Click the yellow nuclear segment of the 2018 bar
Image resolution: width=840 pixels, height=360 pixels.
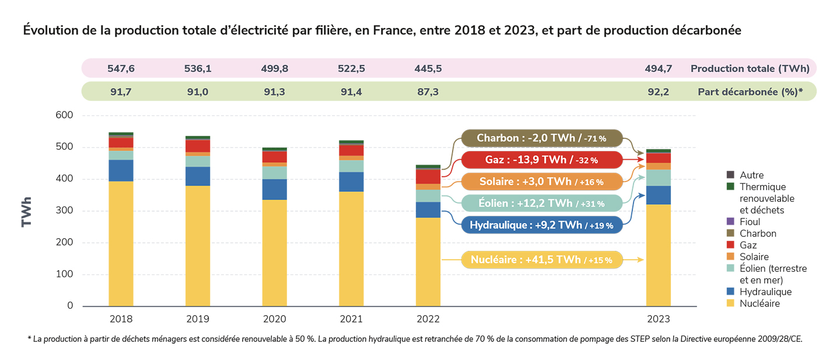121,244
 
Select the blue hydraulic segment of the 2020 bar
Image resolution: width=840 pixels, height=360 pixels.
274,190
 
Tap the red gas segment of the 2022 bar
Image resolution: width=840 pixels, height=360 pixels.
428,177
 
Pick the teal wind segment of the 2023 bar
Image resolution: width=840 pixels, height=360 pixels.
658,178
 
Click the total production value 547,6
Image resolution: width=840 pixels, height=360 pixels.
121,68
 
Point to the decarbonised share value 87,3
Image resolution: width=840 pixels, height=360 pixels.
428,92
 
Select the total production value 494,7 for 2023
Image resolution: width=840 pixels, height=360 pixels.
658,68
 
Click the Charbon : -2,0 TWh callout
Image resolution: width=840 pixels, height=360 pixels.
541,139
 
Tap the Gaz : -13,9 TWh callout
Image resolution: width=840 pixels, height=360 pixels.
541,160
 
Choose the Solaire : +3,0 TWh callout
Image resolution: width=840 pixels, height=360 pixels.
541,181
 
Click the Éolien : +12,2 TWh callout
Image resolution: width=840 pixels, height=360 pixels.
541,203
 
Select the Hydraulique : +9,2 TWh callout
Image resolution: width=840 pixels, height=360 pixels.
541,225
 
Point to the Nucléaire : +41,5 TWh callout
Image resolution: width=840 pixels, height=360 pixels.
541,260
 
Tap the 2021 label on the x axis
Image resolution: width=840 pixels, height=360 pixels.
351,319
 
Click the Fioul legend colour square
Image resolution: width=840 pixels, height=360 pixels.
730,222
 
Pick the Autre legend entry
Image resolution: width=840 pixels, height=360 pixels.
751,175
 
